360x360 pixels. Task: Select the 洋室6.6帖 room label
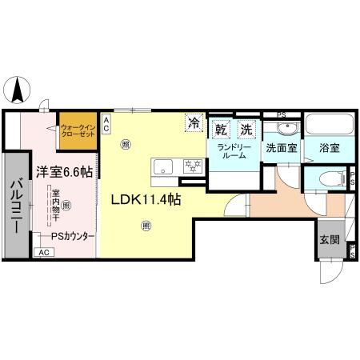click(x=63, y=170)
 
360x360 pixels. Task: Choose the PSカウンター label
click(x=73, y=236)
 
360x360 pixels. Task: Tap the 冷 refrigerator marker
click(x=193, y=123)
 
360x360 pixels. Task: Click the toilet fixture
click(x=330, y=178)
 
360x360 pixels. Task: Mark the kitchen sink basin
click(x=163, y=166)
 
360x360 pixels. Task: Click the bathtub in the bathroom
click(x=329, y=126)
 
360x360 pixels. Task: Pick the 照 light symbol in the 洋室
click(x=66, y=206)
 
